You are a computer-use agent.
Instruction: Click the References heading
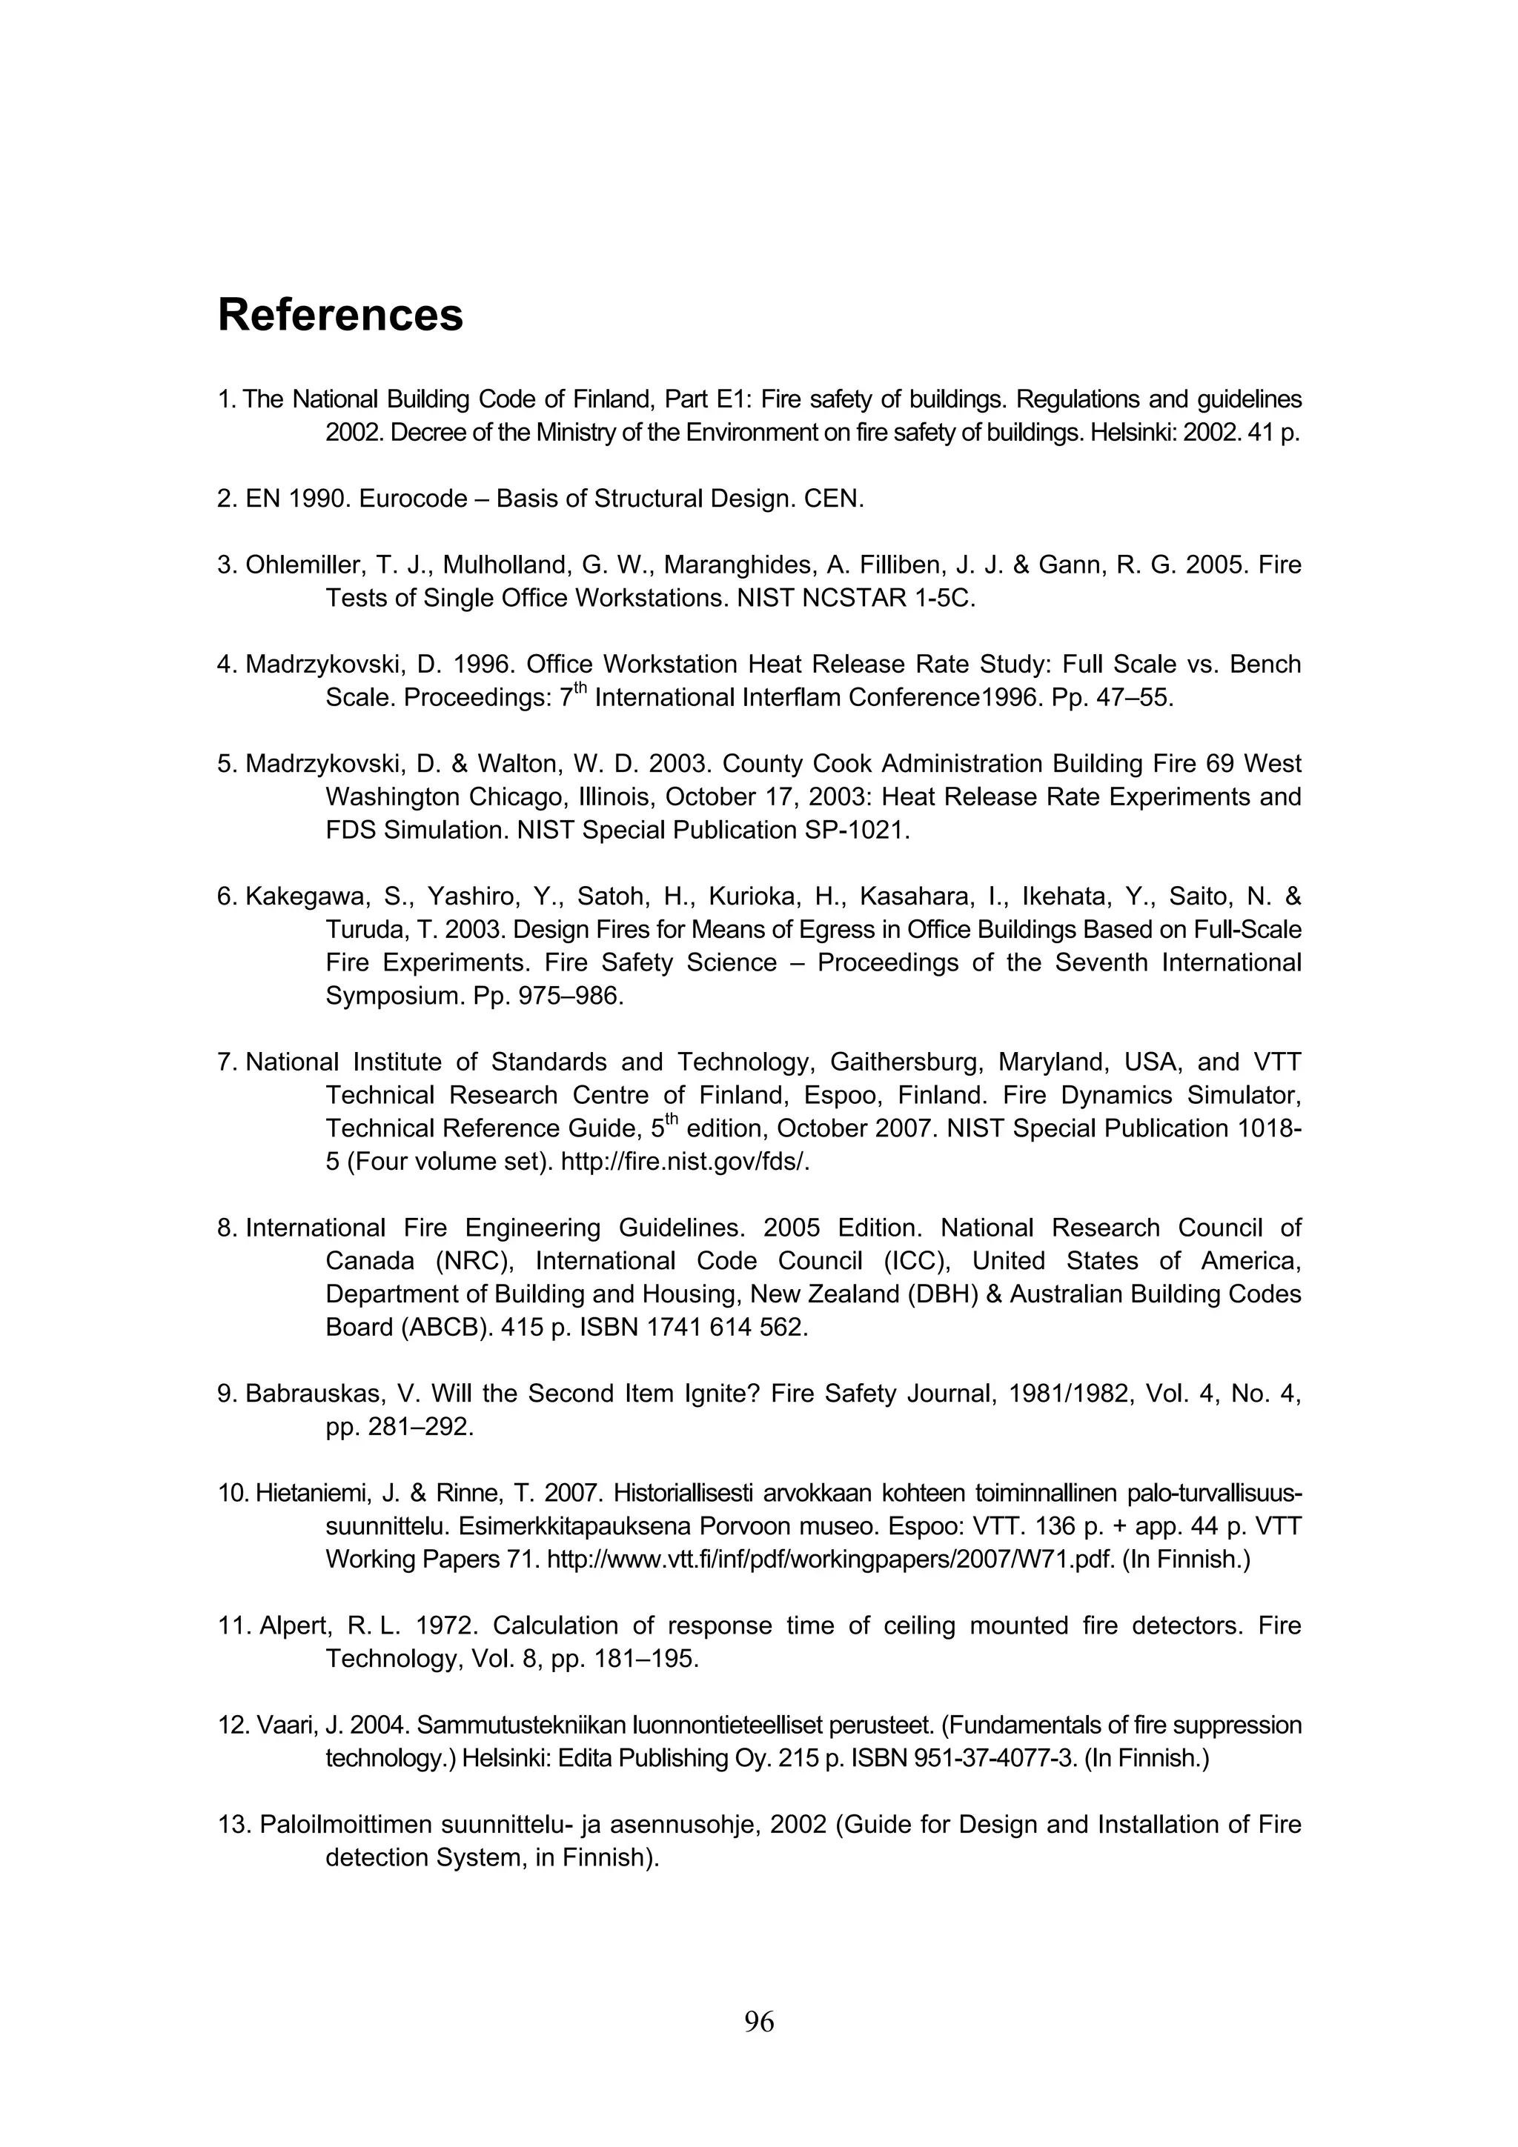[340, 315]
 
